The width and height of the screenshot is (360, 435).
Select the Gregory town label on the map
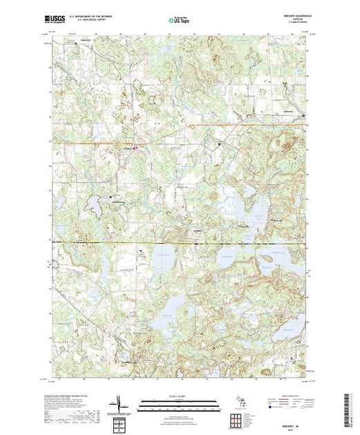[128, 146]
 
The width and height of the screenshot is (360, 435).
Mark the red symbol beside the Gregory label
[135, 147]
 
